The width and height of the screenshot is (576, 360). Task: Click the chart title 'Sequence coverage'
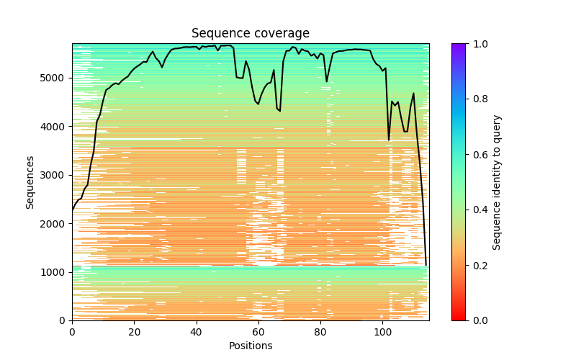pos(250,34)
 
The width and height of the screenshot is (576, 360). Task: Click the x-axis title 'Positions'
pos(250,346)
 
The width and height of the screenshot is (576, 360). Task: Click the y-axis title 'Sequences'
pos(30,181)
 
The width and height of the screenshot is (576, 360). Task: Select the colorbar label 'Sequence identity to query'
pos(497,181)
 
